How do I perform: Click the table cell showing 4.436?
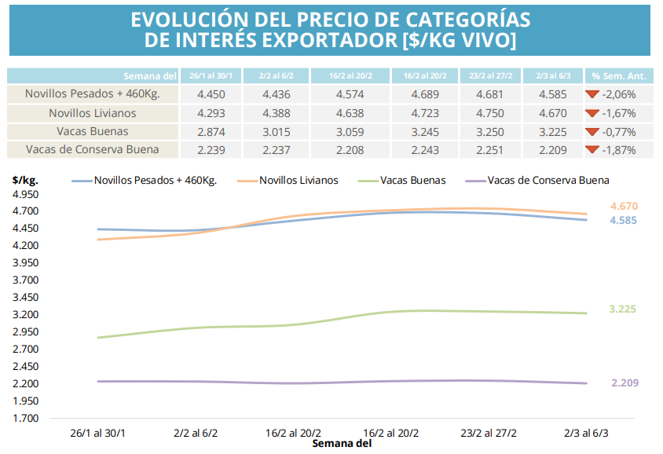click(x=272, y=94)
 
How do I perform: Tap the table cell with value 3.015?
click(x=272, y=131)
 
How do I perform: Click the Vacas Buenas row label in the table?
click(x=93, y=131)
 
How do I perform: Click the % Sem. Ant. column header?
click(x=617, y=76)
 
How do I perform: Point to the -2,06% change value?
click(x=620, y=94)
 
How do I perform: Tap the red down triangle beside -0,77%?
click(x=592, y=131)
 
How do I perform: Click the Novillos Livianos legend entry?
click(x=299, y=180)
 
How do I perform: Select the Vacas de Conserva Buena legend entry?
click(x=548, y=180)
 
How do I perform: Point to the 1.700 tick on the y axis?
click(x=25, y=418)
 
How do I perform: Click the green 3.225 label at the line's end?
click(x=623, y=309)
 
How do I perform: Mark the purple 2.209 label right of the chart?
click(x=625, y=383)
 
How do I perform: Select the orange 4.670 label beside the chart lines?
click(x=623, y=207)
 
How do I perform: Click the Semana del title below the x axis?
click(x=341, y=444)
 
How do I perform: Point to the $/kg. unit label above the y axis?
click(x=25, y=180)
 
